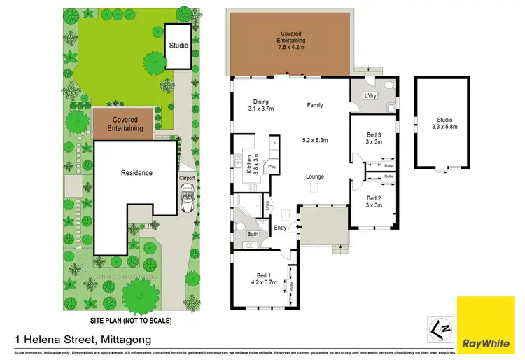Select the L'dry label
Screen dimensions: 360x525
click(370, 96)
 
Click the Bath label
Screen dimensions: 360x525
click(253, 234)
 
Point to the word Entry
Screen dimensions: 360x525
click(281, 228)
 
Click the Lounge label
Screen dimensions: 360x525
click(315, 176)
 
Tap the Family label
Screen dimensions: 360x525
click(315, 105)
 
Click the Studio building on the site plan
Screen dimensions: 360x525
click(178, 46)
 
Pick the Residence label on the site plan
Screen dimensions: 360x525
click(136, 173)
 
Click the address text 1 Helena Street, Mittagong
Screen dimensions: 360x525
click(76, 339)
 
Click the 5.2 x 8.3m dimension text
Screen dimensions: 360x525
click(314, 141)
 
